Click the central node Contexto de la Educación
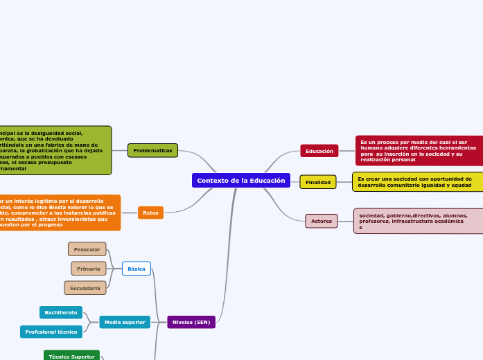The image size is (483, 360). [240, 181]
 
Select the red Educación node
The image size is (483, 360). [319, 151]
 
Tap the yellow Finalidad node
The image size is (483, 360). [318, 182]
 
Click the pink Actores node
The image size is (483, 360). [322, 221]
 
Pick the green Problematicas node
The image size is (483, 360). [152, 150]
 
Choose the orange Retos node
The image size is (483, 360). [150, 213]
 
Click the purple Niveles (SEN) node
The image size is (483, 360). [191, 322]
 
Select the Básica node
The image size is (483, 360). [137, 269]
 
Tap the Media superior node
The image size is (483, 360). [125, 322]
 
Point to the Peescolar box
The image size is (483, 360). [87, 249]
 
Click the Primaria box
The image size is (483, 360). [89, 269]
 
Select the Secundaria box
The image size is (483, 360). [85, 288]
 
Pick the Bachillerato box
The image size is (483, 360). [61, 313]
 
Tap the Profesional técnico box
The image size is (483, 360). [51, 332]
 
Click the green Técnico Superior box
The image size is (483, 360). [71, 356]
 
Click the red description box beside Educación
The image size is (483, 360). [419, 151]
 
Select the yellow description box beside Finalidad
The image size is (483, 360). [417, 182]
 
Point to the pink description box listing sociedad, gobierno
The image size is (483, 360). [418, 221]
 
